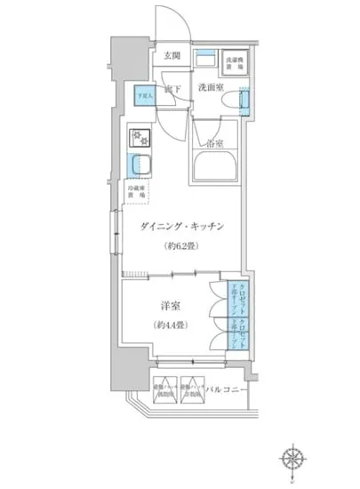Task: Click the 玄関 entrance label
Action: click(172, 56)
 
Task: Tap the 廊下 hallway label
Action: click(172, 90)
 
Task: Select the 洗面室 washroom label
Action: click(210, 88)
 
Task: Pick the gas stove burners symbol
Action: click(140, 137)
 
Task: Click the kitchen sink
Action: click(139, 164)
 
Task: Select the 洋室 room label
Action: click(161, 304)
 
